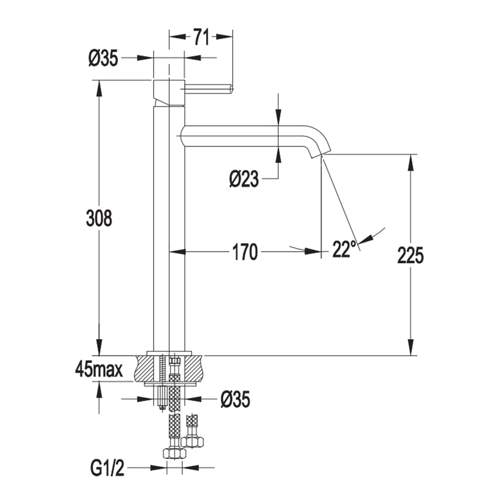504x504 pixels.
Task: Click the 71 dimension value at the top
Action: tap(201, 37)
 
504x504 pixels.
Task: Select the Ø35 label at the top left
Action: tap(103, 58)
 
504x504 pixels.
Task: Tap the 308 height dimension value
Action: tap(99, 218)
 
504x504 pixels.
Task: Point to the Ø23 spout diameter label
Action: tap(244, 178)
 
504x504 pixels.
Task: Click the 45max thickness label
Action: tap(99, 369)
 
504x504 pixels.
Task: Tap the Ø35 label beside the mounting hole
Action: tap(235, 400)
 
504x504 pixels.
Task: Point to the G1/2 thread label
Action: tap(107, 467)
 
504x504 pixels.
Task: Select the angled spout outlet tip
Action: tap(320, 153)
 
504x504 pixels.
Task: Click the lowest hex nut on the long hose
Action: tap(174, 453)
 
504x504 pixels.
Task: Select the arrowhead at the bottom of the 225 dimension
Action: tap(410, 347)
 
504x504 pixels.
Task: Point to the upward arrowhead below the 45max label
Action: tap(99, 390)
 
